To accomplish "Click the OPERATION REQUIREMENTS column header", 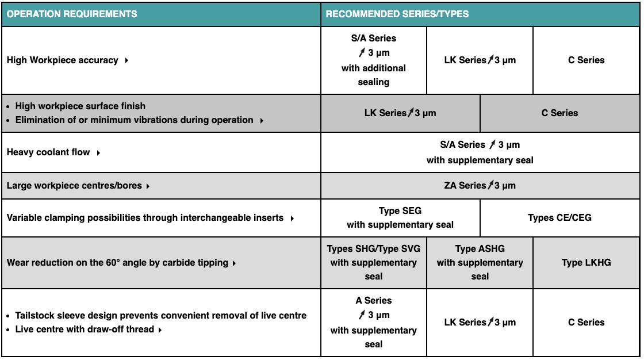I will [72, 14].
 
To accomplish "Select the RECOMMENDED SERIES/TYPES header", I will [397, 14].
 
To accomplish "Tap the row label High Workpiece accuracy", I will [63, 60].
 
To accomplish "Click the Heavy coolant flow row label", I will [48, 152].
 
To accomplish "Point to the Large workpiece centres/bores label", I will [74, 186].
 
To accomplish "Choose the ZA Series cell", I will [480, 185].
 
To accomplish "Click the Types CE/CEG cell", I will [559, 218].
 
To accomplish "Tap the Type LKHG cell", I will [586, 263].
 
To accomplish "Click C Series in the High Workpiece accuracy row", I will [586, 60].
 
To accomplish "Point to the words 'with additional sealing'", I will [374, 75].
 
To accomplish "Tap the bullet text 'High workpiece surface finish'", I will [80, 106].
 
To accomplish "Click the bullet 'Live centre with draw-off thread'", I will [85, 330].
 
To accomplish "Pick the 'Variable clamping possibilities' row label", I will [145, 218].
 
